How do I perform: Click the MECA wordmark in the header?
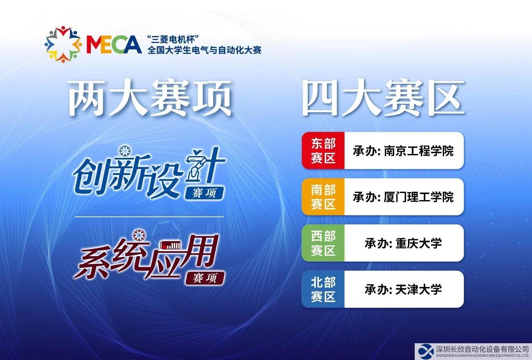114,44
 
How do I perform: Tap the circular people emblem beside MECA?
63,44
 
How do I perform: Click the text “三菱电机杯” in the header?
173,39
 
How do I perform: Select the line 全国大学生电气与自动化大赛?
204,50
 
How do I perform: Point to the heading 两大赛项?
150,98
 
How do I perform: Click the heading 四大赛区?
383,98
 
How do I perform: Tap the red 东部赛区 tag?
323,150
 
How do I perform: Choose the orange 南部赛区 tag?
323,197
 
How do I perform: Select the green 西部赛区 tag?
323,243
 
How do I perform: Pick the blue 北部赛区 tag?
323,289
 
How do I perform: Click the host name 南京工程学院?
419,151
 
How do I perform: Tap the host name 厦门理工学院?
419,197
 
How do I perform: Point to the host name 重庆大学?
419,243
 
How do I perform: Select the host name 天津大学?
419,290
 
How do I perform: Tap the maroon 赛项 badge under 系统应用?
205,278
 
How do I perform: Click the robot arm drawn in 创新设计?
196,170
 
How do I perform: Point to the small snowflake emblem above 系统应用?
139,235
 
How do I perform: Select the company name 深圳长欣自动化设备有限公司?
483,349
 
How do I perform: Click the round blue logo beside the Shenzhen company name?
426,351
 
